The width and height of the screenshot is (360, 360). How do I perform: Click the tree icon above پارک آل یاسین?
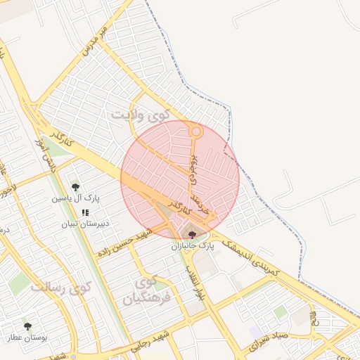[75, 186]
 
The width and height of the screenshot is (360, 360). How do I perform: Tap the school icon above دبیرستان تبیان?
[85, 212]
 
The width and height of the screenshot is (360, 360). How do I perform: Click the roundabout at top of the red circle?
[196, 131]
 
